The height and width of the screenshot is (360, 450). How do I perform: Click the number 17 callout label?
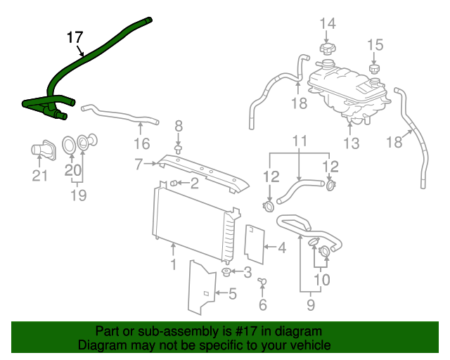75,37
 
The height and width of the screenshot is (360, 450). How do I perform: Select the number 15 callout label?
375,45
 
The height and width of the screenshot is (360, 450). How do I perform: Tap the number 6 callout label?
263,304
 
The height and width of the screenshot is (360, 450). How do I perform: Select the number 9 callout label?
310,305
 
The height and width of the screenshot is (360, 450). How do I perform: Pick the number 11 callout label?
300,141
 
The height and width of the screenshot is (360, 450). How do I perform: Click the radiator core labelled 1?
193,218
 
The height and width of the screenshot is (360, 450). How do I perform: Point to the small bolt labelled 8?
178,149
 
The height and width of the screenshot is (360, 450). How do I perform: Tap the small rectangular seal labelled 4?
252,243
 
